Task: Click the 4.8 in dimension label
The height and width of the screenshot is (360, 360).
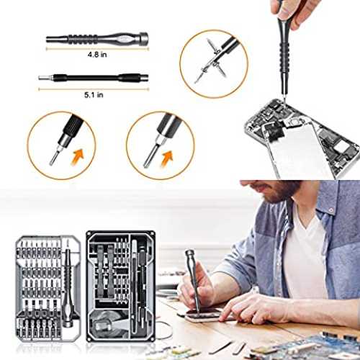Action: [x=97, y=55]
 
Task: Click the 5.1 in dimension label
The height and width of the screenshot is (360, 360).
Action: [x=94, y=95]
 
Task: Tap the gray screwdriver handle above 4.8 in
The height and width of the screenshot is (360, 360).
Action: [x=97, y=38]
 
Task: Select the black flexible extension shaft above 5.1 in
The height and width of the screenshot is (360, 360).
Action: [x=94, y=78]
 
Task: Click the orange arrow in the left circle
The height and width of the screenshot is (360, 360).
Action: [x=78, y=157]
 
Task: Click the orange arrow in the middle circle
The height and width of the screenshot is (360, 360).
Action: [x=168, y=159]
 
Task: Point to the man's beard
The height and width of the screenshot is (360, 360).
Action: [x=281, y=192]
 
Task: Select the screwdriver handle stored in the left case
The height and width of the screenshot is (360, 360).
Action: [x=68, y=288]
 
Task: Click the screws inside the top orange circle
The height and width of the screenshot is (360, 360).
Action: [x=211, y=63]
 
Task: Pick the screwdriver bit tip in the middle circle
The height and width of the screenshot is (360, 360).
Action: [x=150, y=156]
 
